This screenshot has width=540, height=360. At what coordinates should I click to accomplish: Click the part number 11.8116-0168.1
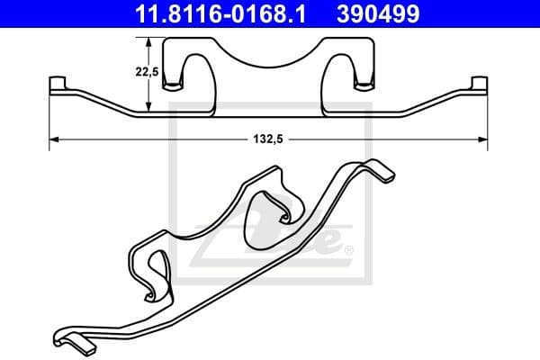(195, 14)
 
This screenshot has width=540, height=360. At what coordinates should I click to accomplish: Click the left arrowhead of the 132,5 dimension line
(52, 139)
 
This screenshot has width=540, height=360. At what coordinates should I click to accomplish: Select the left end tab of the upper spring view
(55, 85)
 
